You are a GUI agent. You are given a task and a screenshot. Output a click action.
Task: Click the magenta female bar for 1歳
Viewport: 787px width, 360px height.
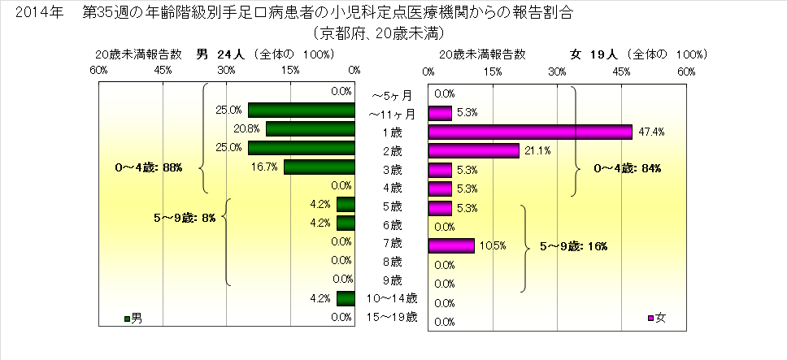[x=530, y=132]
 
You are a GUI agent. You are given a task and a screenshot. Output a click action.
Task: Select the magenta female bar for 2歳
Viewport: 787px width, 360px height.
[x=473, y=150]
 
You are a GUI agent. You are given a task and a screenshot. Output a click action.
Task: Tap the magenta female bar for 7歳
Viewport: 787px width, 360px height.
[x=451, y=245]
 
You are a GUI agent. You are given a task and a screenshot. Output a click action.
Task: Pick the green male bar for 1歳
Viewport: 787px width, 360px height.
[x=310, y=129]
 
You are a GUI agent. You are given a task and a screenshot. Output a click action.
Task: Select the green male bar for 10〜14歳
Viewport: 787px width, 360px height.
[x=346, y=298]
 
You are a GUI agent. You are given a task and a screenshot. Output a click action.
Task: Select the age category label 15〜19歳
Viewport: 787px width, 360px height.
[x=393, y=317]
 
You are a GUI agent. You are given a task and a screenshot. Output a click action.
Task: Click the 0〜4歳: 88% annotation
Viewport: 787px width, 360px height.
[x=149, y=167]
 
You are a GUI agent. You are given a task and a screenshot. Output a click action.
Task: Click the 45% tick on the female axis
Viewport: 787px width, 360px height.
[x=622, y=72]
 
